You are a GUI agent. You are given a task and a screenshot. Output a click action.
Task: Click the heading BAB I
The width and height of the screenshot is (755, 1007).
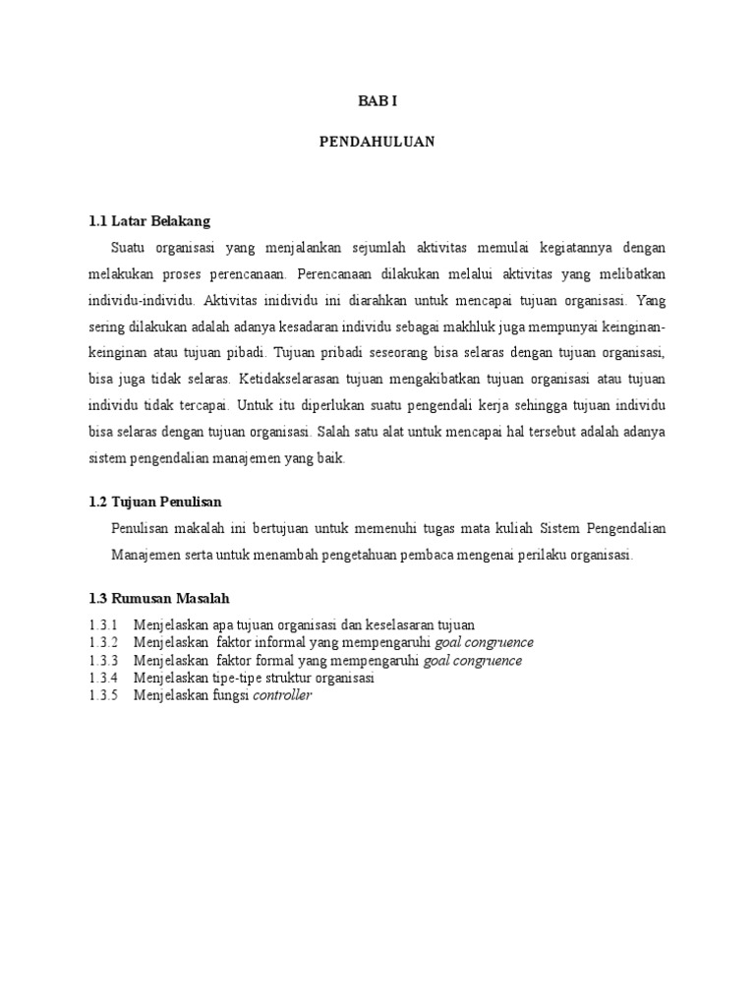(377, 101)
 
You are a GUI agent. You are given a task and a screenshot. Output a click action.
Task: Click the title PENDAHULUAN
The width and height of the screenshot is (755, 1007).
(377, 142)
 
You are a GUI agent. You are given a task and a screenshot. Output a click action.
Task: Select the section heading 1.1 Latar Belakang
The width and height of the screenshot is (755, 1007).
(149, 221)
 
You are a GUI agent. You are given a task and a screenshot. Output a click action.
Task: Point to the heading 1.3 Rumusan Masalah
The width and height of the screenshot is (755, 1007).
(159, 598)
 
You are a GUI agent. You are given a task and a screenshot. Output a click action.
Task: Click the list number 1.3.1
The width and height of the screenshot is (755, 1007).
(102, 624)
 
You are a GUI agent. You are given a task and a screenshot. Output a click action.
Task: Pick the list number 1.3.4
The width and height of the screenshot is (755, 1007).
(102, 678)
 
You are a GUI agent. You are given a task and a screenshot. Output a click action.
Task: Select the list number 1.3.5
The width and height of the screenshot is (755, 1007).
(102, 695)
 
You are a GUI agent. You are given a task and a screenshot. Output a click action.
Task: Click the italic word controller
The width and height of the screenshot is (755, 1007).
(282, 695)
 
